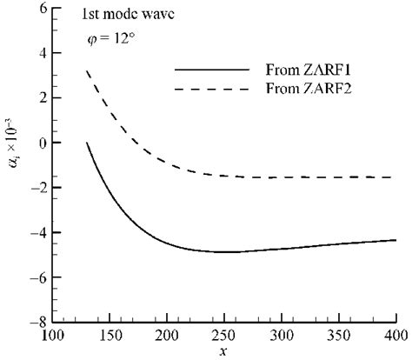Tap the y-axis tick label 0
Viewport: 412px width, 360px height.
click(x=40, y=143)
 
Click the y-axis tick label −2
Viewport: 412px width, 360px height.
click(x=37, y=188)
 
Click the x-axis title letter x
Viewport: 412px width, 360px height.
click(x=224, y=350)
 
